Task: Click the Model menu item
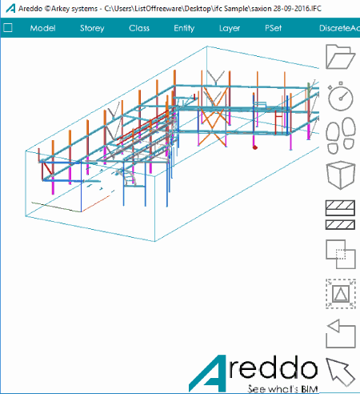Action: point(42,28)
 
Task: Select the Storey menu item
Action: point(92,28)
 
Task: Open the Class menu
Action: point(139,28)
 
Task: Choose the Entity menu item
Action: point(184,28)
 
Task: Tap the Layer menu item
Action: point(230,28)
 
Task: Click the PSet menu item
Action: point(273,28)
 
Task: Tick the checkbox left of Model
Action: point(8,27)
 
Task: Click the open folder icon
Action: point(341,57)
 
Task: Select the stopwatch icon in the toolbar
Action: point(341,96)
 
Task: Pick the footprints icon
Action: point(341,135)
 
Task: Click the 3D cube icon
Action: point(341,175)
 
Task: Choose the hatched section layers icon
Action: point(340,215)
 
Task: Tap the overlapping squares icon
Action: point(341,254)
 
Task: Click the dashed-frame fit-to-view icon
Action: point(341,294)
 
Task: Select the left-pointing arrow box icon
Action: point(341,334)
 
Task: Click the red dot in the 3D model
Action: point(255,147)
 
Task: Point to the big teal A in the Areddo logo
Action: point(208,374)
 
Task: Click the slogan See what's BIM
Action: point(282,388)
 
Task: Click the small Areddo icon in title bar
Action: point(10,8)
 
